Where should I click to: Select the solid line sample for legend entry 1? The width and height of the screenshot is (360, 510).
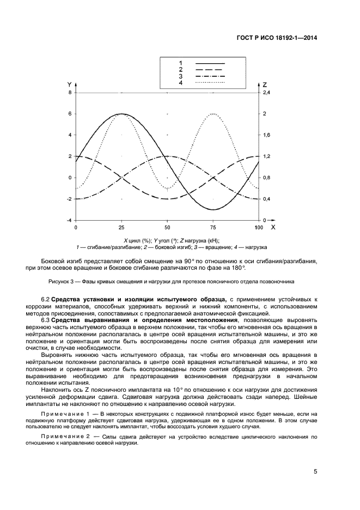click(x=210, y=63)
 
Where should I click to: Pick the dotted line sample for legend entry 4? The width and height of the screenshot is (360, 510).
click(x=210, y=82)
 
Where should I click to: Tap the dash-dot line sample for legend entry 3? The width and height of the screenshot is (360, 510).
click(x=210, y=76)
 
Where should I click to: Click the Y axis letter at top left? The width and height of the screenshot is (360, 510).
click(x=69, y=84)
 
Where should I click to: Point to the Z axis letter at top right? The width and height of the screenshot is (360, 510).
click(x=264, y=84)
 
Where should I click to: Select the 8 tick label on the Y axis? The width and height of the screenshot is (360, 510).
click(x=70, y=93)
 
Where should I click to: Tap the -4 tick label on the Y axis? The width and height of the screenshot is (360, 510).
click(x=69, y=220)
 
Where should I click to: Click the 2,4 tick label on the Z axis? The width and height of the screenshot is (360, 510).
click(x=267, y=93)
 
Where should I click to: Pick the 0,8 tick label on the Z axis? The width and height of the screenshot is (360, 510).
click(x=267, y=178)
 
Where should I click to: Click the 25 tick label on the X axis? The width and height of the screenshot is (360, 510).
click(x=121, y=227)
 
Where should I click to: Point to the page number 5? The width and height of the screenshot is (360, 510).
click(x=315, y=471)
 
